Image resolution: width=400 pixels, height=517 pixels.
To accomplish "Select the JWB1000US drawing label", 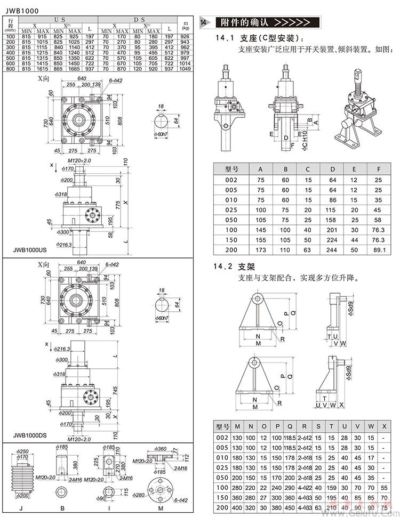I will pos(28,249).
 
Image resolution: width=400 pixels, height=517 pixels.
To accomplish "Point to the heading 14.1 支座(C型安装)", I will pos(261,38).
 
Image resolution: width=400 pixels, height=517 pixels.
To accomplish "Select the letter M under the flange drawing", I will pos(160,509).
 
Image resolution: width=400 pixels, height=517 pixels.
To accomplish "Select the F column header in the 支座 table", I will pos(379,169).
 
